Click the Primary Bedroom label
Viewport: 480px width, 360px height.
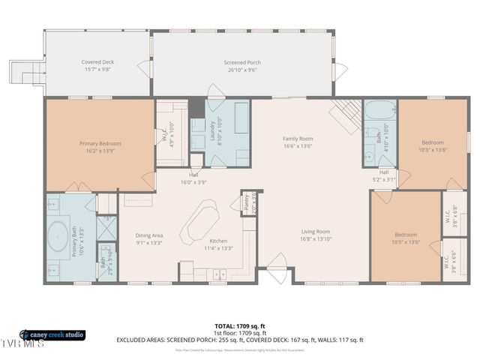tap(100, 143)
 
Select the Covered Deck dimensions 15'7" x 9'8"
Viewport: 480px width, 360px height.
tap(97, 69)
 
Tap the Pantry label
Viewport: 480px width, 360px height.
tap(245, 202)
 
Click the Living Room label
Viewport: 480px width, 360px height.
tap(316, 232)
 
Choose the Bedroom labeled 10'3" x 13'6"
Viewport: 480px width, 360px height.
tap(432, 142)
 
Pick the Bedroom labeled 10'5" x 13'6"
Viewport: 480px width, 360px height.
tap(406, 235)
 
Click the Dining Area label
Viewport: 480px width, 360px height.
tap(149, 235)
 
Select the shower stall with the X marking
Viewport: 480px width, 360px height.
tap(107, 226)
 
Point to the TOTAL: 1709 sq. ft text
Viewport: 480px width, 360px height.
tap(240, 326)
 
